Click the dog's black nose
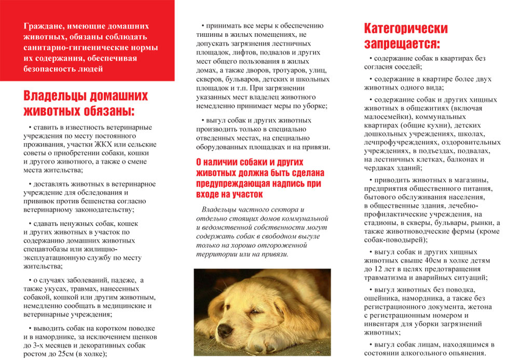[224, 331]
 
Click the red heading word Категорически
[405, 28]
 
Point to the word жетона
[474, 307]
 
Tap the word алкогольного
[419, 353]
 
